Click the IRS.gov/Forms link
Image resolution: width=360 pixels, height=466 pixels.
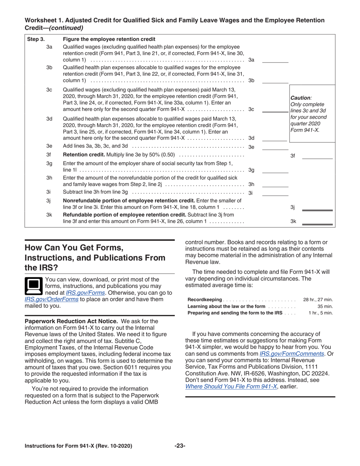pos(85,292)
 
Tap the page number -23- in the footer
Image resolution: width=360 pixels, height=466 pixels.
pos(180,446)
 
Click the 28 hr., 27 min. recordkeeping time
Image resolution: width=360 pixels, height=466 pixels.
pos(318,300)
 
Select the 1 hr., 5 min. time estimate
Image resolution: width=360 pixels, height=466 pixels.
pos(321,313)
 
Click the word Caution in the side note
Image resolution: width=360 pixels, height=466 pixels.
pos(300,97)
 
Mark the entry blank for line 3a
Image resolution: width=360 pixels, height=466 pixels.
pos(275,60)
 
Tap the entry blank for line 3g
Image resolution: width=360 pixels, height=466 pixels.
pos(275,170)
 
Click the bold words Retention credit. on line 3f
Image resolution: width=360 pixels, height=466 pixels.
pos(84,155)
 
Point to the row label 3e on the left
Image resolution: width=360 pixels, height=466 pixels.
pos(49,146)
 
